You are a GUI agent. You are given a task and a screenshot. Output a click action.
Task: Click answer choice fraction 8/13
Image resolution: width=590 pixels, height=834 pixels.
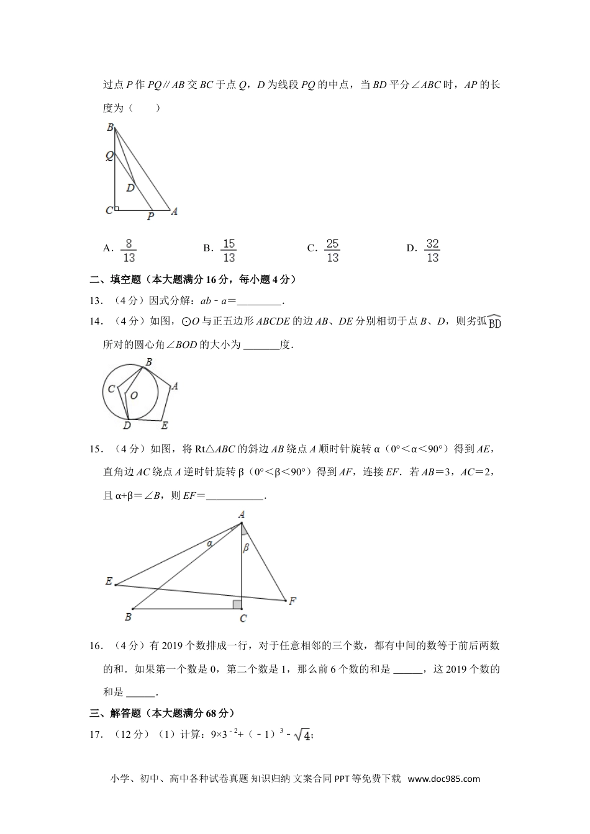(x=129, y=250)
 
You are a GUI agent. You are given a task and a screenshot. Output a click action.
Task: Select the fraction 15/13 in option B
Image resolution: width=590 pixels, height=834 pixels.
(x=229, y=250)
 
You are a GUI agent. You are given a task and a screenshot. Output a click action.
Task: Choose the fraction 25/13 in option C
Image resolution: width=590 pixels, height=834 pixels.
(x=332, y=250)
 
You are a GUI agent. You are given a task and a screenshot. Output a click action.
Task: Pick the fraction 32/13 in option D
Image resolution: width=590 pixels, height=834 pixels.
(x=432, y=250)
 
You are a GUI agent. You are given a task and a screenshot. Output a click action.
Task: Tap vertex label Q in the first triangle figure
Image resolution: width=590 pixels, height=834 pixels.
(x=109, y=156)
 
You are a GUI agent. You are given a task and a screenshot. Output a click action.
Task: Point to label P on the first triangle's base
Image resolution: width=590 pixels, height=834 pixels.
(x=150, y=217)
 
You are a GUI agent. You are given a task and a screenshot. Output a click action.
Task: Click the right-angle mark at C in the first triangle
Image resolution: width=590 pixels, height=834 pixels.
(x=116, y=208)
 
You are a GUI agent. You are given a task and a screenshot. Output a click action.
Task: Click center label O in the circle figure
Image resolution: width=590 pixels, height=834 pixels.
(x=134, y=395)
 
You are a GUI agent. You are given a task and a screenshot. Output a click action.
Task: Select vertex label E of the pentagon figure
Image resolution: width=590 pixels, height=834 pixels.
(x=165, y=426)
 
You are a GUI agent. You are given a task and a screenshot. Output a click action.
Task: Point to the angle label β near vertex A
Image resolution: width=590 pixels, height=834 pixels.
(x=246, y=547)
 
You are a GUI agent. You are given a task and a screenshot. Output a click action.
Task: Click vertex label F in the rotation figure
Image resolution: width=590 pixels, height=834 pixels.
(x=292, y=601)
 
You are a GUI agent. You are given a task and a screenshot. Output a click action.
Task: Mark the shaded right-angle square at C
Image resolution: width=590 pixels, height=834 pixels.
(x=237, y=604)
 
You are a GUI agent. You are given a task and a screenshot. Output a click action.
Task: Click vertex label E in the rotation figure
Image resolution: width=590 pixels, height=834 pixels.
(x=109, y=581)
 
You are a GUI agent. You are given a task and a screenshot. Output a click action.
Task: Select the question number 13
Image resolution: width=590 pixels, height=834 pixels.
(x=96, y=301)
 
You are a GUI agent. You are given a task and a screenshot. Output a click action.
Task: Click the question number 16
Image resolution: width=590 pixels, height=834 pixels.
(x=96, y=646)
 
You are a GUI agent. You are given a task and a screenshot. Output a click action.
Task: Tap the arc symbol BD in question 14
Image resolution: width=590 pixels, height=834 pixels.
(x=494, y=321)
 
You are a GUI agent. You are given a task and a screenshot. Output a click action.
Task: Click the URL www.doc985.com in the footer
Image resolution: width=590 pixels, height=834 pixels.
(x=443, y=779)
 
